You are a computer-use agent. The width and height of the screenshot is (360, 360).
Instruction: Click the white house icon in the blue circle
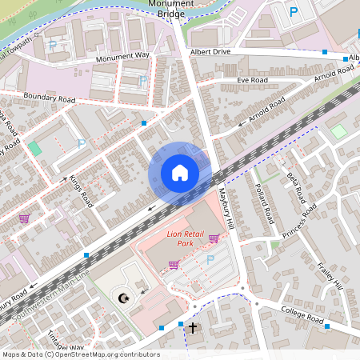pos(180,173)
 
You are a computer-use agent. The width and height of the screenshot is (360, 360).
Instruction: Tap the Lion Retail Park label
pos(186,238)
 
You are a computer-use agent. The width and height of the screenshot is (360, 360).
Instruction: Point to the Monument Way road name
pos(122,57)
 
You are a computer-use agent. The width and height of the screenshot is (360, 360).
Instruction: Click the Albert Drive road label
pos(210,51)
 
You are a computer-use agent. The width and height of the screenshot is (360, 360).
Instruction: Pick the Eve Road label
pos(252,81)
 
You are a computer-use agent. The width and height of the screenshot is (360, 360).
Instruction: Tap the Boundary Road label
pos(49,99)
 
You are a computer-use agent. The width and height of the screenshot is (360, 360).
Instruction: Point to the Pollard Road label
pos(265,206)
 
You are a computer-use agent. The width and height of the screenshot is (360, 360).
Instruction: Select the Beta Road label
pos(295,187)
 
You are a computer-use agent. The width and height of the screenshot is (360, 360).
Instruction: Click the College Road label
pos(302,315)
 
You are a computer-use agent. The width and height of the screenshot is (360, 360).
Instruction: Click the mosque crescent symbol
pos(123,298)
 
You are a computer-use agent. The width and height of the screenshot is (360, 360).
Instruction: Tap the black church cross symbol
pos(192,328)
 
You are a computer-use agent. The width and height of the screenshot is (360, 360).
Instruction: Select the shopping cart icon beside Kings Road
pos(24,218)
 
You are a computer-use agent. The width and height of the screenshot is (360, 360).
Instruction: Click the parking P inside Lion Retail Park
pos(210,259)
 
